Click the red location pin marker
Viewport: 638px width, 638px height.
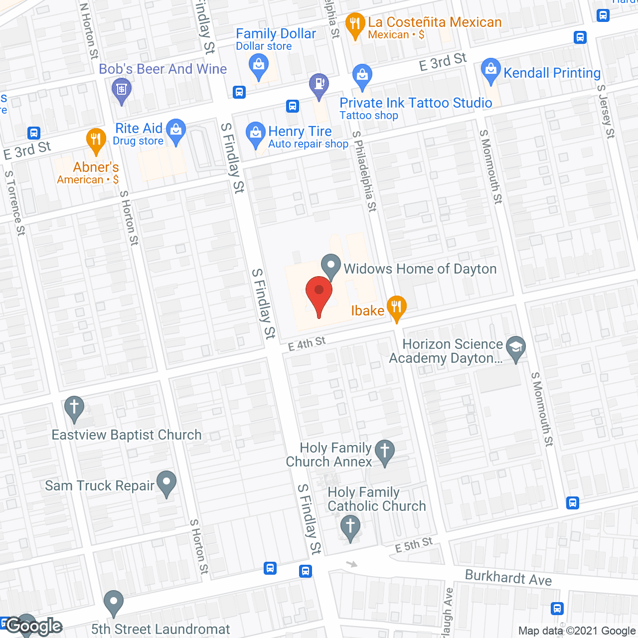point(319,294)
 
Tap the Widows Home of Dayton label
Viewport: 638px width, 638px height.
point(420,269)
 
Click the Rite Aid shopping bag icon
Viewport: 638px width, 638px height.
point(175,131)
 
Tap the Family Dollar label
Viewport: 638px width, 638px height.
point(276,34)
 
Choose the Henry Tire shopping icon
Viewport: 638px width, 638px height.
point(256,134)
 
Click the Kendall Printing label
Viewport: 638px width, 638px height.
point(552,73)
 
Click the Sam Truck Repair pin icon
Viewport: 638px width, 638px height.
point(166,482)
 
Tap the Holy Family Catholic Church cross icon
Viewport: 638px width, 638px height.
point(350,527)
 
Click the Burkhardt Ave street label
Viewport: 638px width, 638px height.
point(508,578)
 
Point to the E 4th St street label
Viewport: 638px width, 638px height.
point(307,343)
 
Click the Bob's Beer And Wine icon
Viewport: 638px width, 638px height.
point(122,91)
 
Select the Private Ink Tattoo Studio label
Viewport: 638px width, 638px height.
point(416,103)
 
